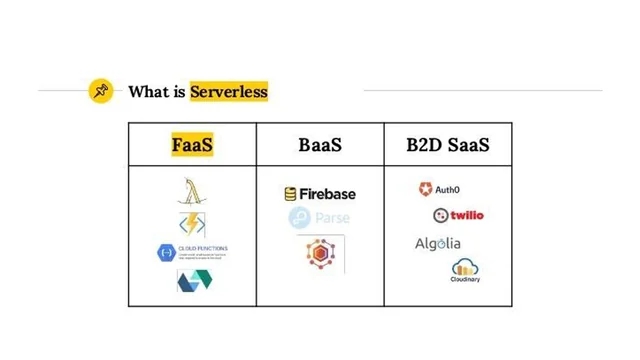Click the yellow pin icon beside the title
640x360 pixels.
pyautogui.click(x=100, y=91)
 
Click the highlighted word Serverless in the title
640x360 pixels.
pyautogui.click(x=229, y=91)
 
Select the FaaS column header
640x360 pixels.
pyautogui.click(x=192, y=145)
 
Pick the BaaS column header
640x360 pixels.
pyautogui.click(x=320, y=145)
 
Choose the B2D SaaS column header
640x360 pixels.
pyautogui.click(x=448, y=145)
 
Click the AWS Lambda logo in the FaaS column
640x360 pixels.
pyautogui.click(x=191, y=191)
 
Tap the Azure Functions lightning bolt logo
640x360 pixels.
pyautogui.click(x=191, y=222)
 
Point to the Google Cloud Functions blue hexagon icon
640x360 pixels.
pyautogui.click(x=167, y=252)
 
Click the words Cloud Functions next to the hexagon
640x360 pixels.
pyautogui.click(x=203, y=248)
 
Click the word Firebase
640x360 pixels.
pyautogui.click(x=327, y=194)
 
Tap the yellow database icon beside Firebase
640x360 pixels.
pyautogui.click(x=290, y=194)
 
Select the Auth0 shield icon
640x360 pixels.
pyautogui.click(x=425, y=189)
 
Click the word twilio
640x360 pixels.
pyautogui.click(x=466, y=215)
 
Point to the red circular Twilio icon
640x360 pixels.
pyautogui.click(x=440, y=215)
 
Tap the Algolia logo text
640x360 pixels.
pyautogui.click(x=438, y=243)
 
